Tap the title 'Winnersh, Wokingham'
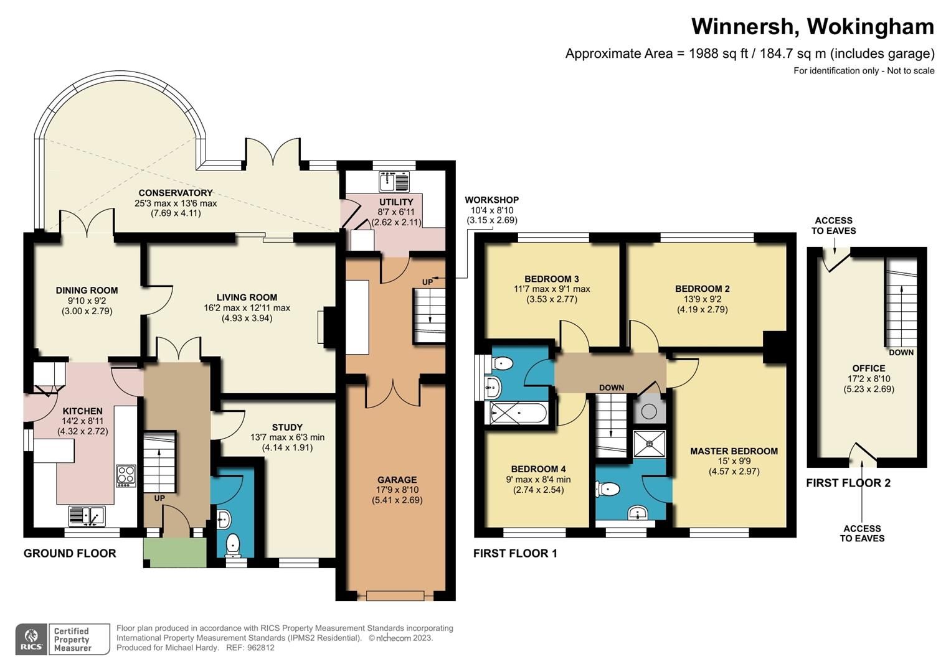(x=812, y=27)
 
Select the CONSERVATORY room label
(x=176, y=193)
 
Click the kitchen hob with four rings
(x=126, y=475)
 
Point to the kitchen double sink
(x=87, y=516)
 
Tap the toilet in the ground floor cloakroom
(x=233, y=544)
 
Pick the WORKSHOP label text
(x=491, y=200)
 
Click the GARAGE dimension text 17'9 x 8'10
(x=397, y=490)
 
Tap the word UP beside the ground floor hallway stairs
(x=159, y=498)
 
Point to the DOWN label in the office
(x=901, y=352)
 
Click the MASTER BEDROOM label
(x=734, y=451)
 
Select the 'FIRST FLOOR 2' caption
(x=848, y=483)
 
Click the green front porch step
(x=174, y=553)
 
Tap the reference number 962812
(x=260, y=647)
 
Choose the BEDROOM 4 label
(x=538, y=469)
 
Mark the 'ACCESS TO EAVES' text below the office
(x=862, y=533)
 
